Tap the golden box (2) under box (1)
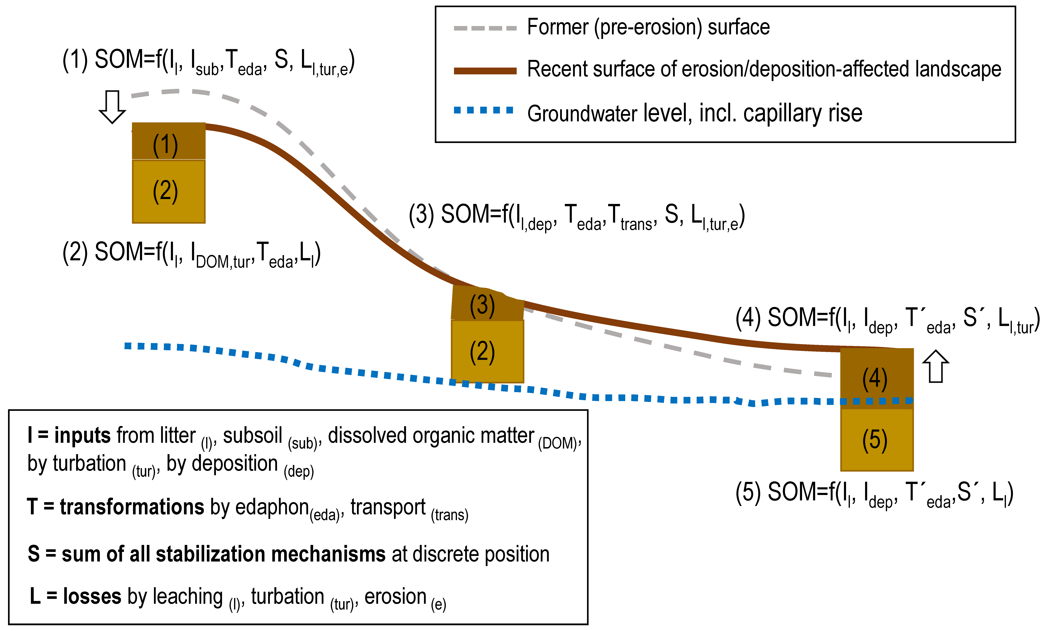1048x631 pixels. [x=169, y=191]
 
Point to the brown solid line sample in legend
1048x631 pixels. [x=485, y=71]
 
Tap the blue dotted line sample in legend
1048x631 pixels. [x=484, y=111]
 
